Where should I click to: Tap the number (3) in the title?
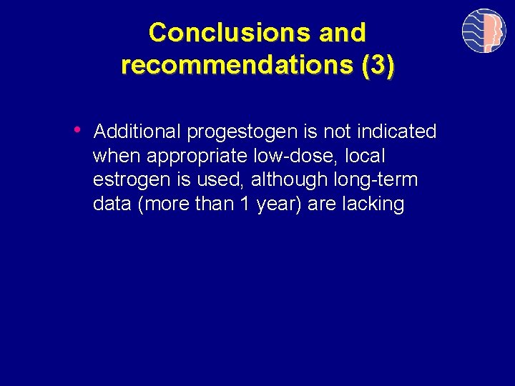coord(377,64)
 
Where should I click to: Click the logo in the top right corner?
coord(484,31)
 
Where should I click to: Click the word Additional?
coord(137,132)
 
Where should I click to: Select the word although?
coord(282,180)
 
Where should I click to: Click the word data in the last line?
coord(112,204)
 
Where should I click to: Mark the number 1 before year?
coord(245,204)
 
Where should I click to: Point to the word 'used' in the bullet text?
coord(222,180)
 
